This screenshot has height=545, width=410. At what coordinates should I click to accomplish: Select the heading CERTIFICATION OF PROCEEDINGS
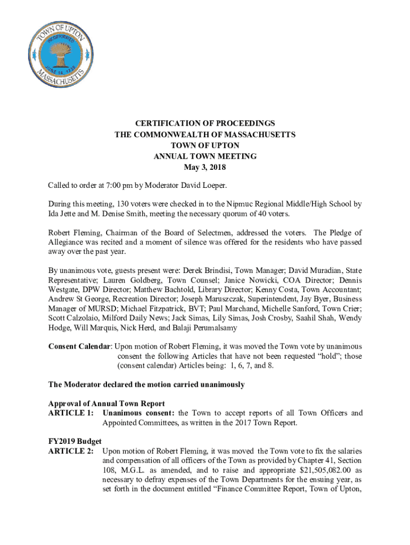click(x=205, y=123)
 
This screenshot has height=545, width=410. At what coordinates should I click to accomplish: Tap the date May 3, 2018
click(x=205, y=168)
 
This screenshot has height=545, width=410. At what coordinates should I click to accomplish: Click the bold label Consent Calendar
click(x=79, y=346)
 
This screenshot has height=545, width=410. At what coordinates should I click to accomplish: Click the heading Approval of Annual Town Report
click(x=106, y=403)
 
